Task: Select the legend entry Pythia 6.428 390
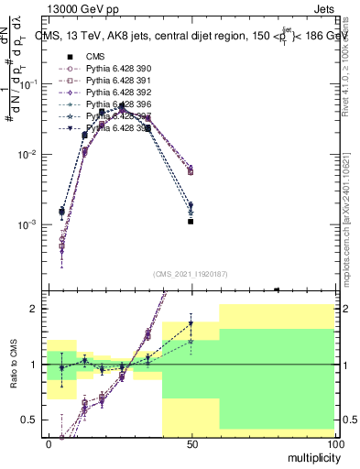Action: point(112,69)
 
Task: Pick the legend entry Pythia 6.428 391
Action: point(112,81)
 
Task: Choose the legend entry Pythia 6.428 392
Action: point(112,93)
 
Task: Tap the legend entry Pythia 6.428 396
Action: point(112,104)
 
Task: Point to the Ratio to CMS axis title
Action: point(12,364)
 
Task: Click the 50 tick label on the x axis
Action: point(191,442)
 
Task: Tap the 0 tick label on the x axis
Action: point(48,442)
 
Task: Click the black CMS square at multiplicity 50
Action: point(191,222)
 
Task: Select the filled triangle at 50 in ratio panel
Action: point(191,323)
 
